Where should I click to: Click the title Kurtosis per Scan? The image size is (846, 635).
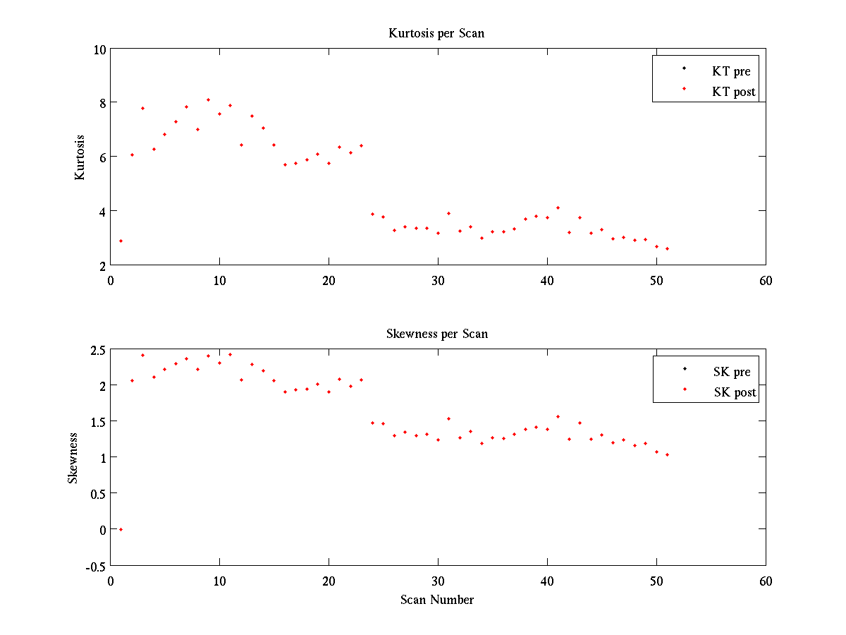(x=436, y=33)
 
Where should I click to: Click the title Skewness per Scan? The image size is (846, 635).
(x=436, y=334)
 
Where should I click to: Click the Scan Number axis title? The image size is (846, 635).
(x=437, y=600)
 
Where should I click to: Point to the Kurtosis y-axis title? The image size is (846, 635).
(x=80, y=157)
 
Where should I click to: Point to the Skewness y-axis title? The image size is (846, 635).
(x=73, y=458)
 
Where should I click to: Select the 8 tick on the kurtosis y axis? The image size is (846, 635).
(x=102, y=103)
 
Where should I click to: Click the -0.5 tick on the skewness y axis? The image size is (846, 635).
(x=97, y=566)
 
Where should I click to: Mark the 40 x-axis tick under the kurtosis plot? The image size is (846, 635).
(x=547, y=280)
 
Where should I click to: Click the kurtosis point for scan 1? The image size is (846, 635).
(x=121, y=241)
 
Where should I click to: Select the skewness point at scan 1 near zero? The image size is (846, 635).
(x=121, y=529)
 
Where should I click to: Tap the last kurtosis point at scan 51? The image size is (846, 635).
(x=667, y=248)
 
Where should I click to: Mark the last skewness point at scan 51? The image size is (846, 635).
(x=667, y=454)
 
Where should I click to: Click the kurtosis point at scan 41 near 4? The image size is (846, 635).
(x=558, y=207)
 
